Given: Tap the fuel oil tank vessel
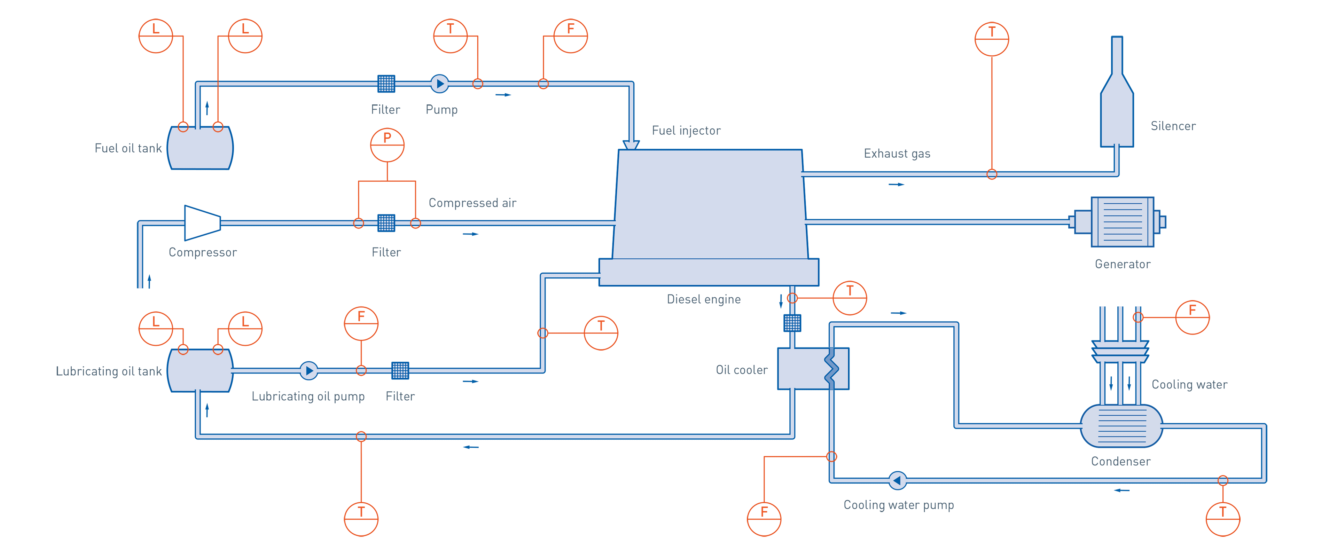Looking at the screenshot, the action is point(200,148).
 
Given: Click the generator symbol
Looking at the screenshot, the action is point(1120,222).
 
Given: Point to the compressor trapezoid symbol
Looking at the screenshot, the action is point(202,223).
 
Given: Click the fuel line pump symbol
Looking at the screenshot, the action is point(440,84).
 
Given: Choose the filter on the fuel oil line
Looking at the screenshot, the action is point(386,84).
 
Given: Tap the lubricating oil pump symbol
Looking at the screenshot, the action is point(309,371).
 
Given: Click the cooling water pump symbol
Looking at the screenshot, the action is point(897,481).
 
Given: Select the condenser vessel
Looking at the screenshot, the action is point(1121,426).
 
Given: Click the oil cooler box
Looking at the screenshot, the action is point(813,369).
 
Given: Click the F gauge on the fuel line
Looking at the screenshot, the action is point(570,36).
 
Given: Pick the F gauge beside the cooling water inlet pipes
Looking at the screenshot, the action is point(1192,317).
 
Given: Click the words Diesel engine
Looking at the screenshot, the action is point(703,299).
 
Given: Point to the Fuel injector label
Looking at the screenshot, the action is point(686,131).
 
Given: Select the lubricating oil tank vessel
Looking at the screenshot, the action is point(200,371).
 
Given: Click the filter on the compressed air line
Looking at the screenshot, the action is point(386,223).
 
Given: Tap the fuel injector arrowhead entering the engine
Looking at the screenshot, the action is point(631,146).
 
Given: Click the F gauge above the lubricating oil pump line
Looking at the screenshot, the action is point(361,324).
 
